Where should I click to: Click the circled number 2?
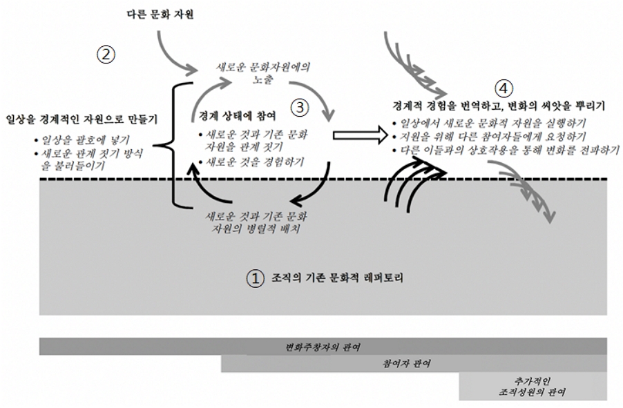coord(105,55)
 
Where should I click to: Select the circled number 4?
coord(505,88)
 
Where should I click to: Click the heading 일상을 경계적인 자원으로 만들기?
coord(82,119)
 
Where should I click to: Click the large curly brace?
coord(175,144)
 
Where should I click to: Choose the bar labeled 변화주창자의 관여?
coord(323,346)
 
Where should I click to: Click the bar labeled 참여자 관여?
coord(413,364)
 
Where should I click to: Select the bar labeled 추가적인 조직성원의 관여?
coord(533,386)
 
